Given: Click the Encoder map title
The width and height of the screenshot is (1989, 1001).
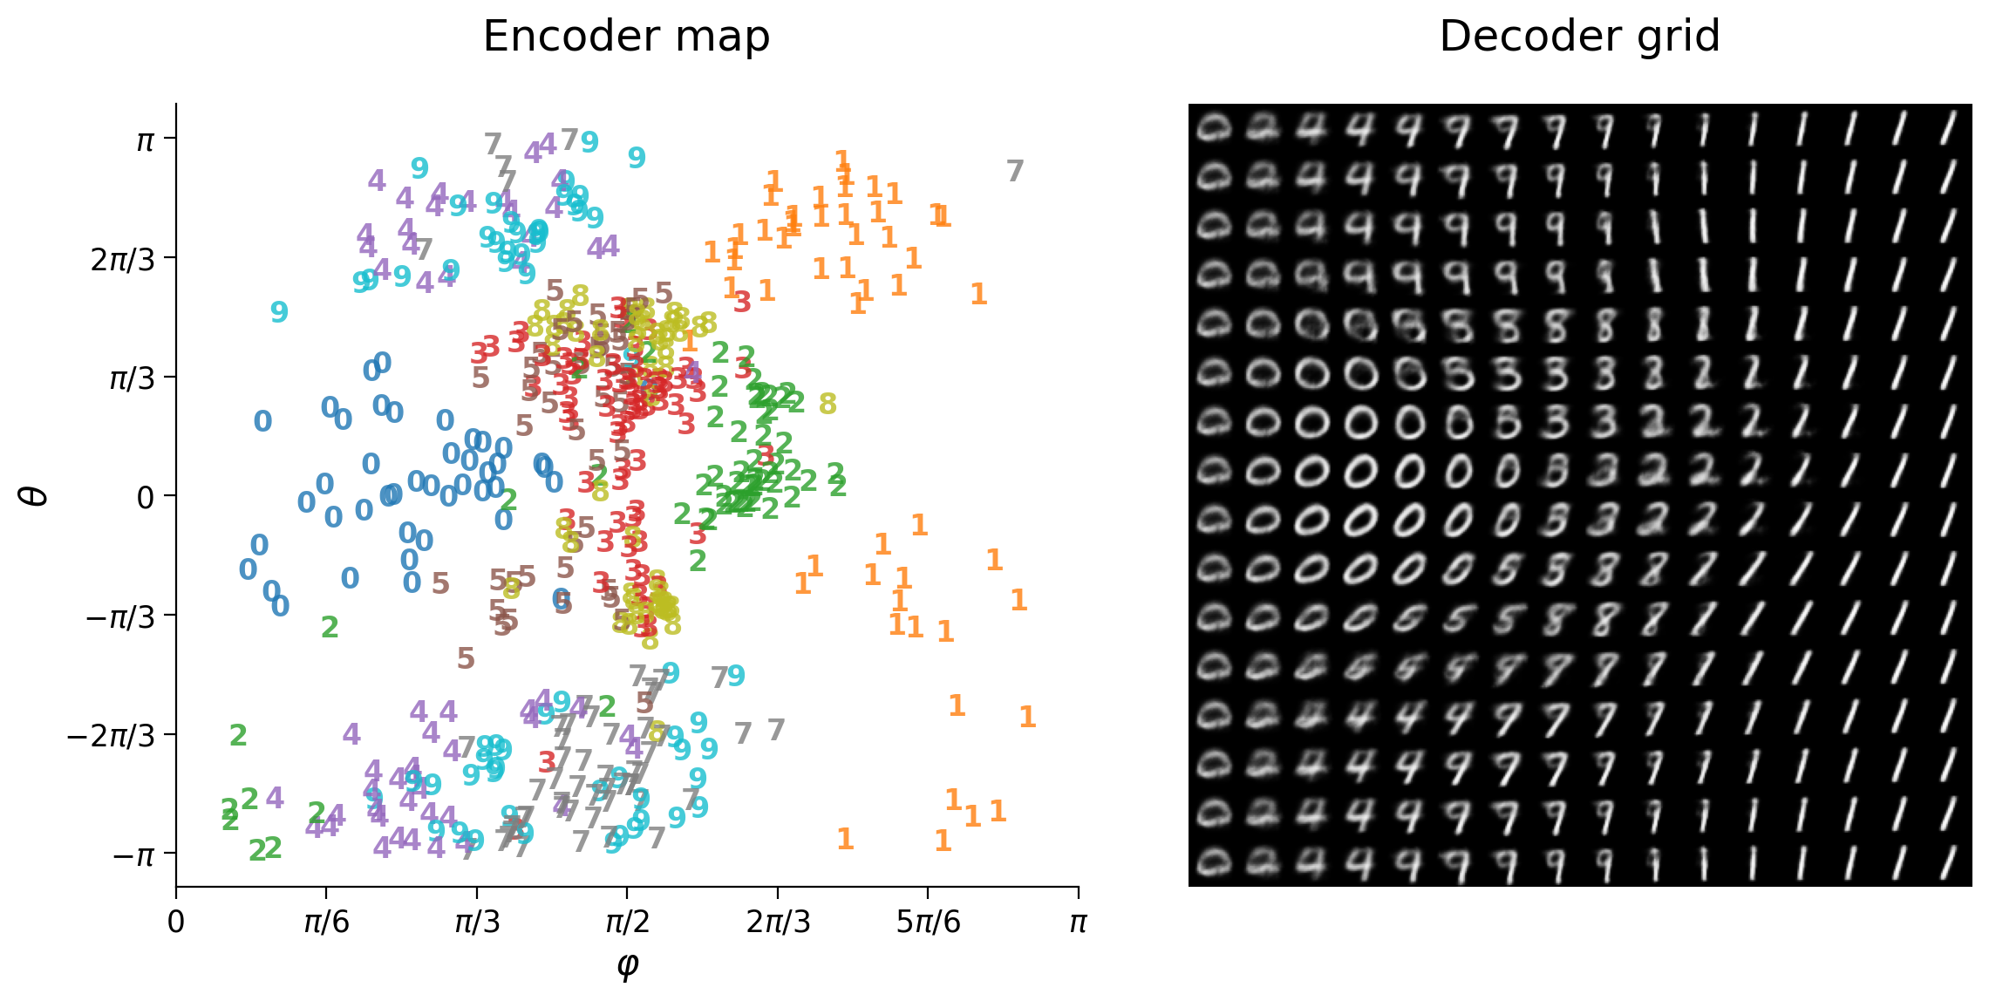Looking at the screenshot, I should pyautogui.click(x=626, y=37).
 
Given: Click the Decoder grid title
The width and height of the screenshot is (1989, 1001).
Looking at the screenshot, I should pyautogui.click(x=1579, y=37).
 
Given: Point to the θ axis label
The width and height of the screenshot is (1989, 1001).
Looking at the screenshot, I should pyautogui.click(x=35, y=495).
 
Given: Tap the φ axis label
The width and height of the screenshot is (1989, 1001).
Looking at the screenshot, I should pyautogui.click(x=627, y=964).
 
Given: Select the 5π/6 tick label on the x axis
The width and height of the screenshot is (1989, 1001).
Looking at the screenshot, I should pyautogui.click(x=928, y=923).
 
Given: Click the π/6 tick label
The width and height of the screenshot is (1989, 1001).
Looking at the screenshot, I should pyautogui.click(x=326, y=923).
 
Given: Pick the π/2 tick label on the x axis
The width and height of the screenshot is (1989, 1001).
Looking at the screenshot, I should pyautogui.click(x=627, y=923).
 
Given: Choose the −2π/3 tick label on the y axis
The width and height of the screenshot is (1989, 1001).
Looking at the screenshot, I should pyautogui.click(x=111, y=735).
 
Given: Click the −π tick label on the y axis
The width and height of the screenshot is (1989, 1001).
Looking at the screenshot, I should pyautogui.click(x=133, y=855).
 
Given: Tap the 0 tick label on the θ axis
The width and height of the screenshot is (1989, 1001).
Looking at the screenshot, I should pyautogui.click(x=146, y=497).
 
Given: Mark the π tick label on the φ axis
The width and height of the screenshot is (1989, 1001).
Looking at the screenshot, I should pyautogui.click(x=1078, y=923).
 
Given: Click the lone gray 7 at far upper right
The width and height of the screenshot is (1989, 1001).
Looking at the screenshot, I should pyautogui.click(x=1014, y=172).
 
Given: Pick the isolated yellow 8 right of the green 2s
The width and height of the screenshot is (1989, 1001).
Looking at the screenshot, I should pyautogui.click(x=828, y=405).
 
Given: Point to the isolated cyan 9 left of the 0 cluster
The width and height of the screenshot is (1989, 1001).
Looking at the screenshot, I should pyautogui.click(x=279, y=312).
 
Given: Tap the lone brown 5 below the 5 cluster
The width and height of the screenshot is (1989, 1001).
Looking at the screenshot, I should pyautogui.click(x=466, y=659).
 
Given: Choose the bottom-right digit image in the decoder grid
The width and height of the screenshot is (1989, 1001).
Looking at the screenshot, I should pyautogui.click(x=1947, y=862).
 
